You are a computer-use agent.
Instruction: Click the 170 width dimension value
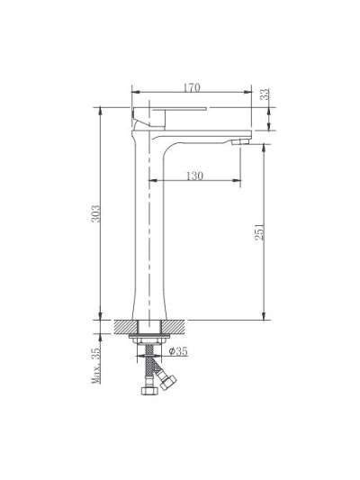(192, 87)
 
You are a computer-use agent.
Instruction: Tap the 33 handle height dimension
(265, 94)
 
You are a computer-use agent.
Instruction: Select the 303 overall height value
(95, 213)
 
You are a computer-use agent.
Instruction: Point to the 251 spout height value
(259, 231)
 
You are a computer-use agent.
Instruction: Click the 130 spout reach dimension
(194, 176)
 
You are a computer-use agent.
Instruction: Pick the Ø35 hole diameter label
(178, 351)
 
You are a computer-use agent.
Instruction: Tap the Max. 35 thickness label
(96, 366)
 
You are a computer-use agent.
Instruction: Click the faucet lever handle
(169, 117)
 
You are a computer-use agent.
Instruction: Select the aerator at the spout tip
(241, 141)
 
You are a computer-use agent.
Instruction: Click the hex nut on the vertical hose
(149, 390)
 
